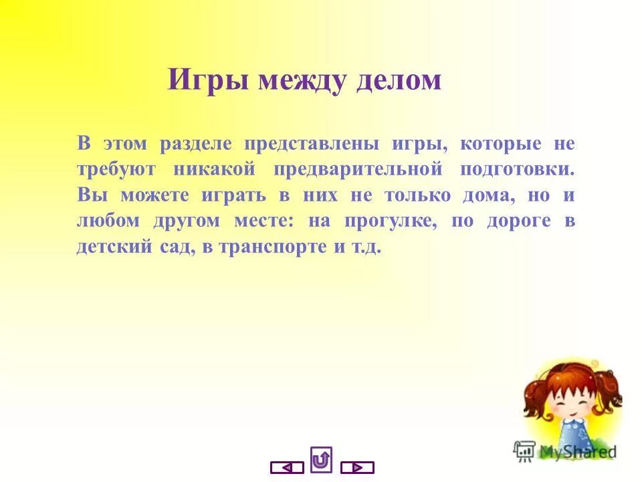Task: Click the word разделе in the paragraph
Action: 197,145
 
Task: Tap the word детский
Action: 110,246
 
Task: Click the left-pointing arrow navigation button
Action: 287,467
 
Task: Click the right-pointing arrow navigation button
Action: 357,467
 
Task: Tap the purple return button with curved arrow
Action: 322,459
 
